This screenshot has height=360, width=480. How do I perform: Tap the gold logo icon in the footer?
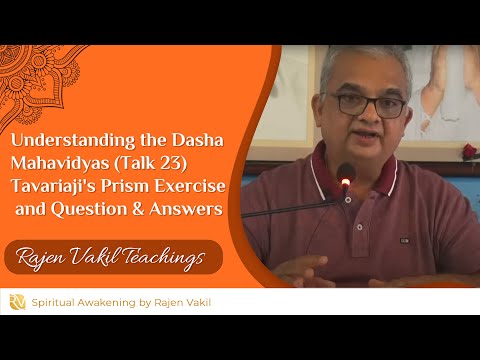pos(17,301)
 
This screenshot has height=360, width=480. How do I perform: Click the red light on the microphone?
pos(346,182)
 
